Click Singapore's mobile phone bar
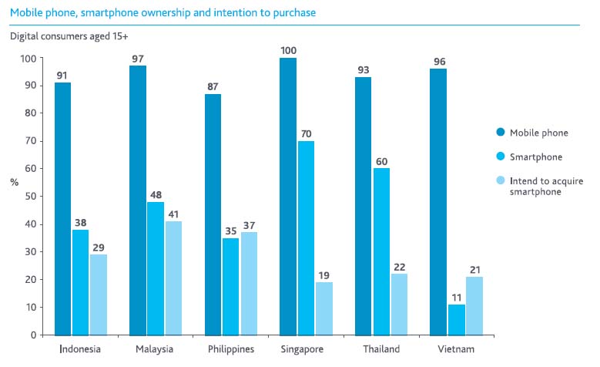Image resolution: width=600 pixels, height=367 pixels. click(288, 196)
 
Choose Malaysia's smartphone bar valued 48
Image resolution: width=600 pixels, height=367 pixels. click(155, 268)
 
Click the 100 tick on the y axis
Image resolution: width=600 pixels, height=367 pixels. click(28, 59)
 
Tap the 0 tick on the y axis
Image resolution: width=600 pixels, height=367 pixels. click(33, 335)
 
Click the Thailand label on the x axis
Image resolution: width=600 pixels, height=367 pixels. click(380, 349)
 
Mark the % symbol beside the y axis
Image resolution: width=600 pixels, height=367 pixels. click(14, 182)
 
